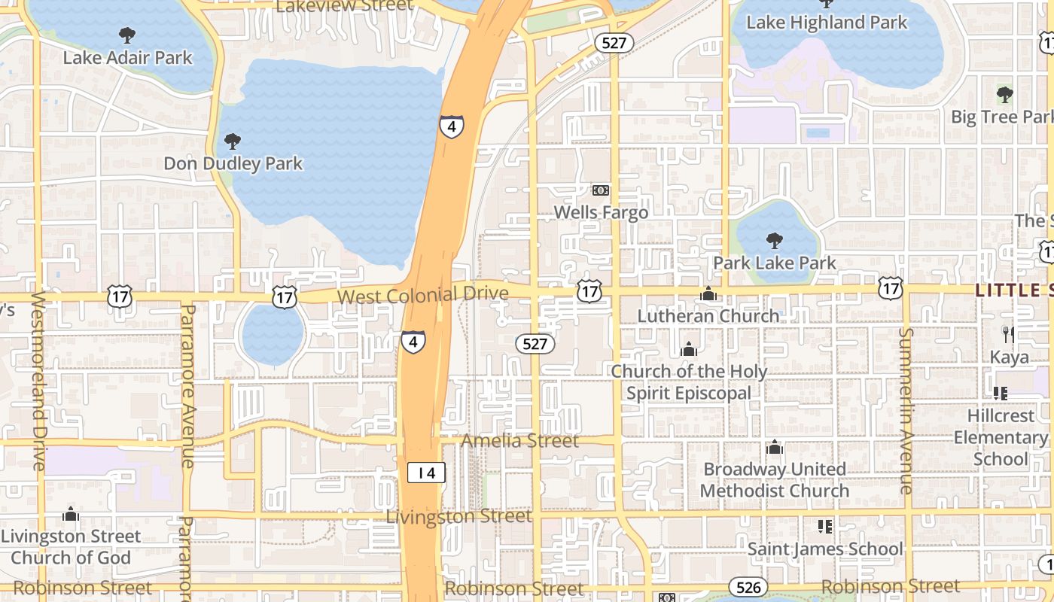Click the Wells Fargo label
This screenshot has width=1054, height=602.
601,212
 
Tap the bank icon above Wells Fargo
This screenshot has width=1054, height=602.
601,190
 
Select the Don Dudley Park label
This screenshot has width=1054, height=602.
233,163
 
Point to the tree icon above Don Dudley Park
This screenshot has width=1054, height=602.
233,141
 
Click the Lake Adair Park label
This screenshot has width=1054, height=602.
127,57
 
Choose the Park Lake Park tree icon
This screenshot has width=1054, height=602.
774,241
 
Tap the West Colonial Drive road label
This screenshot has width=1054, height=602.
422,295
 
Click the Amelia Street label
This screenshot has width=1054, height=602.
520,440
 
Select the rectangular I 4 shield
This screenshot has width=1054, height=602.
426,473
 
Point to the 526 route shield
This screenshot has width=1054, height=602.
748,587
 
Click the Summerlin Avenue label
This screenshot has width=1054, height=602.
906,410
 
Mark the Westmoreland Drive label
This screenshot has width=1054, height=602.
38,381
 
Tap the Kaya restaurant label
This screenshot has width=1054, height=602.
1009,357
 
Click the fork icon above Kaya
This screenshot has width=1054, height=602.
1009,334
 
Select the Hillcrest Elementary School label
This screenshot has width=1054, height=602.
1001,437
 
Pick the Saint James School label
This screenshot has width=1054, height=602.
824,549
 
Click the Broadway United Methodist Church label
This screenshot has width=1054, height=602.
775,480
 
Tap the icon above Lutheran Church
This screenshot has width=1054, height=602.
708,294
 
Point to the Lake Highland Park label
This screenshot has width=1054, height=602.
826,23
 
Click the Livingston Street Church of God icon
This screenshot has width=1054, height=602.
71,515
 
